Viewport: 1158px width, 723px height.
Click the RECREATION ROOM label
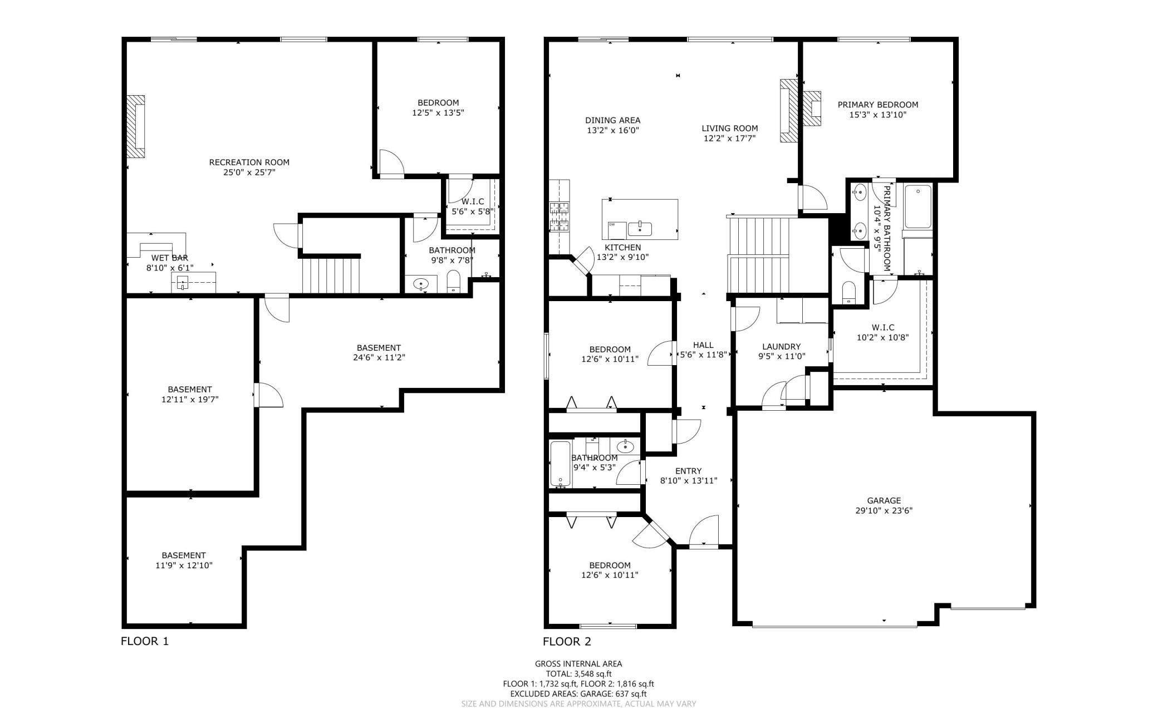click(249, 163)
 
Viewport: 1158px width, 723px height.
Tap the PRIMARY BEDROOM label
click(878, 105)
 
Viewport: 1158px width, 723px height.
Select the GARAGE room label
click(884, 500)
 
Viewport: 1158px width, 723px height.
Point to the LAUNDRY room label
click(781, 346)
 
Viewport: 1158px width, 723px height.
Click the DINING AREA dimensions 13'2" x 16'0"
click(612, 130)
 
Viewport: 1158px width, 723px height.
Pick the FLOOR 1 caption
click(145, 641)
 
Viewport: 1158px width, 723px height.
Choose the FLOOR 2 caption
click(567, 641)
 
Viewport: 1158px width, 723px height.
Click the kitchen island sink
click(640, 228)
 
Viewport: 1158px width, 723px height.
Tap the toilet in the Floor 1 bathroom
click(453, 282)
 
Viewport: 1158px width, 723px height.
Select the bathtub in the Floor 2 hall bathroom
click(560, 464)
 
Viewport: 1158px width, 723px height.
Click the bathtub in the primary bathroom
click(918, 206)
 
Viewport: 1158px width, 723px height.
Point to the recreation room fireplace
click(135, 126)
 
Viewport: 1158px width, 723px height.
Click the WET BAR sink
click(184, 283)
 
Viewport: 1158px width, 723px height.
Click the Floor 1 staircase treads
click(331, 274)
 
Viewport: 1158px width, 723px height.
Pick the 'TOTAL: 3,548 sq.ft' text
click(578, 673)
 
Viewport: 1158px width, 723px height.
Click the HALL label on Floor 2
click(703, 345)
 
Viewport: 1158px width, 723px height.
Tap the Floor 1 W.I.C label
click(473, 201)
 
